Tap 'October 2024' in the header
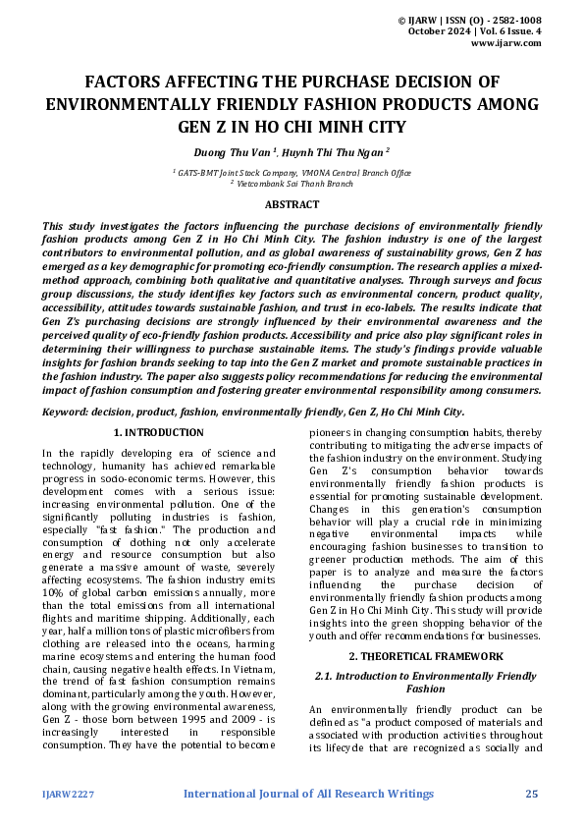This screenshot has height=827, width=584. pos(438,31)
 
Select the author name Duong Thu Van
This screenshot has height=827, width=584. pos(233,152)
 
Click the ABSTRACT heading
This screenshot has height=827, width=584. pos(292,204)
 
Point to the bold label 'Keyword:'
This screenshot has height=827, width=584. pos(70,413)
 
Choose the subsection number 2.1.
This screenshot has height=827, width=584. pos(326,677)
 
